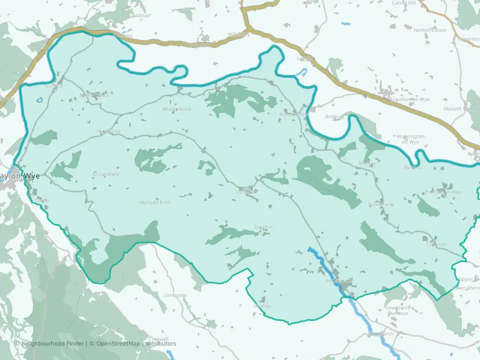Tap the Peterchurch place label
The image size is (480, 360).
coord(339,281)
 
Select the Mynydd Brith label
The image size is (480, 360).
coord(155,202)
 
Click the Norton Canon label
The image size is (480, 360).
coord(429,30)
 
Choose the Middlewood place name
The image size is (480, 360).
coord(176,109)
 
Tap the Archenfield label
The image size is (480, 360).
coord(106,174)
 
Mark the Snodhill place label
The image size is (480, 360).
coord(263,227)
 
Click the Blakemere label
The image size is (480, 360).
coord(380,204)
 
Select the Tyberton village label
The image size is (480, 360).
coord(435,244)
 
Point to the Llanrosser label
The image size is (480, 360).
coord(175,295)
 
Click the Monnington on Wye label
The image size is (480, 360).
coord(410,139)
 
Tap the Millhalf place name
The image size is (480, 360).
coord(142,16)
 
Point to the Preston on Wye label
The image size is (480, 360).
coord(442,192)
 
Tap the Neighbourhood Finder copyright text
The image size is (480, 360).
coord(50,343)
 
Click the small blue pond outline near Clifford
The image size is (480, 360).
coord(39,100)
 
